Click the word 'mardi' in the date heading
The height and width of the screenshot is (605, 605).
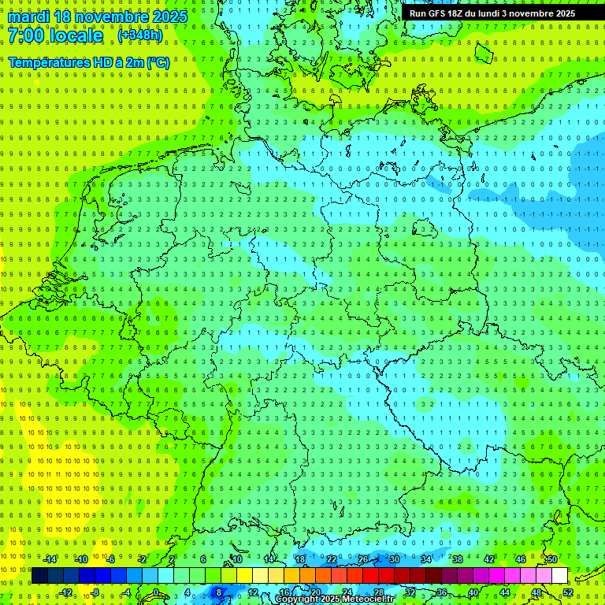point(28,17)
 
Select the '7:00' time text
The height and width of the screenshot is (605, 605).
point(24,35)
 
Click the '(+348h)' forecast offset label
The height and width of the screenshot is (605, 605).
point(140,35)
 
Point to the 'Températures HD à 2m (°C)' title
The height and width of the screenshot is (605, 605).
point(88,61)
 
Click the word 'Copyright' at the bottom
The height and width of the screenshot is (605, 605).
point(298,599)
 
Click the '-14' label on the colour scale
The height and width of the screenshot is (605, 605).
point(49,559)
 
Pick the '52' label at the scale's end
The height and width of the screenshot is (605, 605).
point(568,592)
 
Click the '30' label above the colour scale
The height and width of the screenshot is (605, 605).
point(394,559)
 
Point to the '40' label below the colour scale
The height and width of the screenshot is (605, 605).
point(473,592)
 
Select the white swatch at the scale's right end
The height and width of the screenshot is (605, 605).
point(559,576)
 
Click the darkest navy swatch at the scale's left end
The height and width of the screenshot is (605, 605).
point(39,576)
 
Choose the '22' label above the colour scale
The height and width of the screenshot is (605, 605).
point(331,559)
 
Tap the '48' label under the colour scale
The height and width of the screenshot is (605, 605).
point(536,592)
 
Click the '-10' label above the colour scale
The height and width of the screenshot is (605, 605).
point(80,559)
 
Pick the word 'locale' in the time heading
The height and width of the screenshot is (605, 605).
point(75,35)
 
